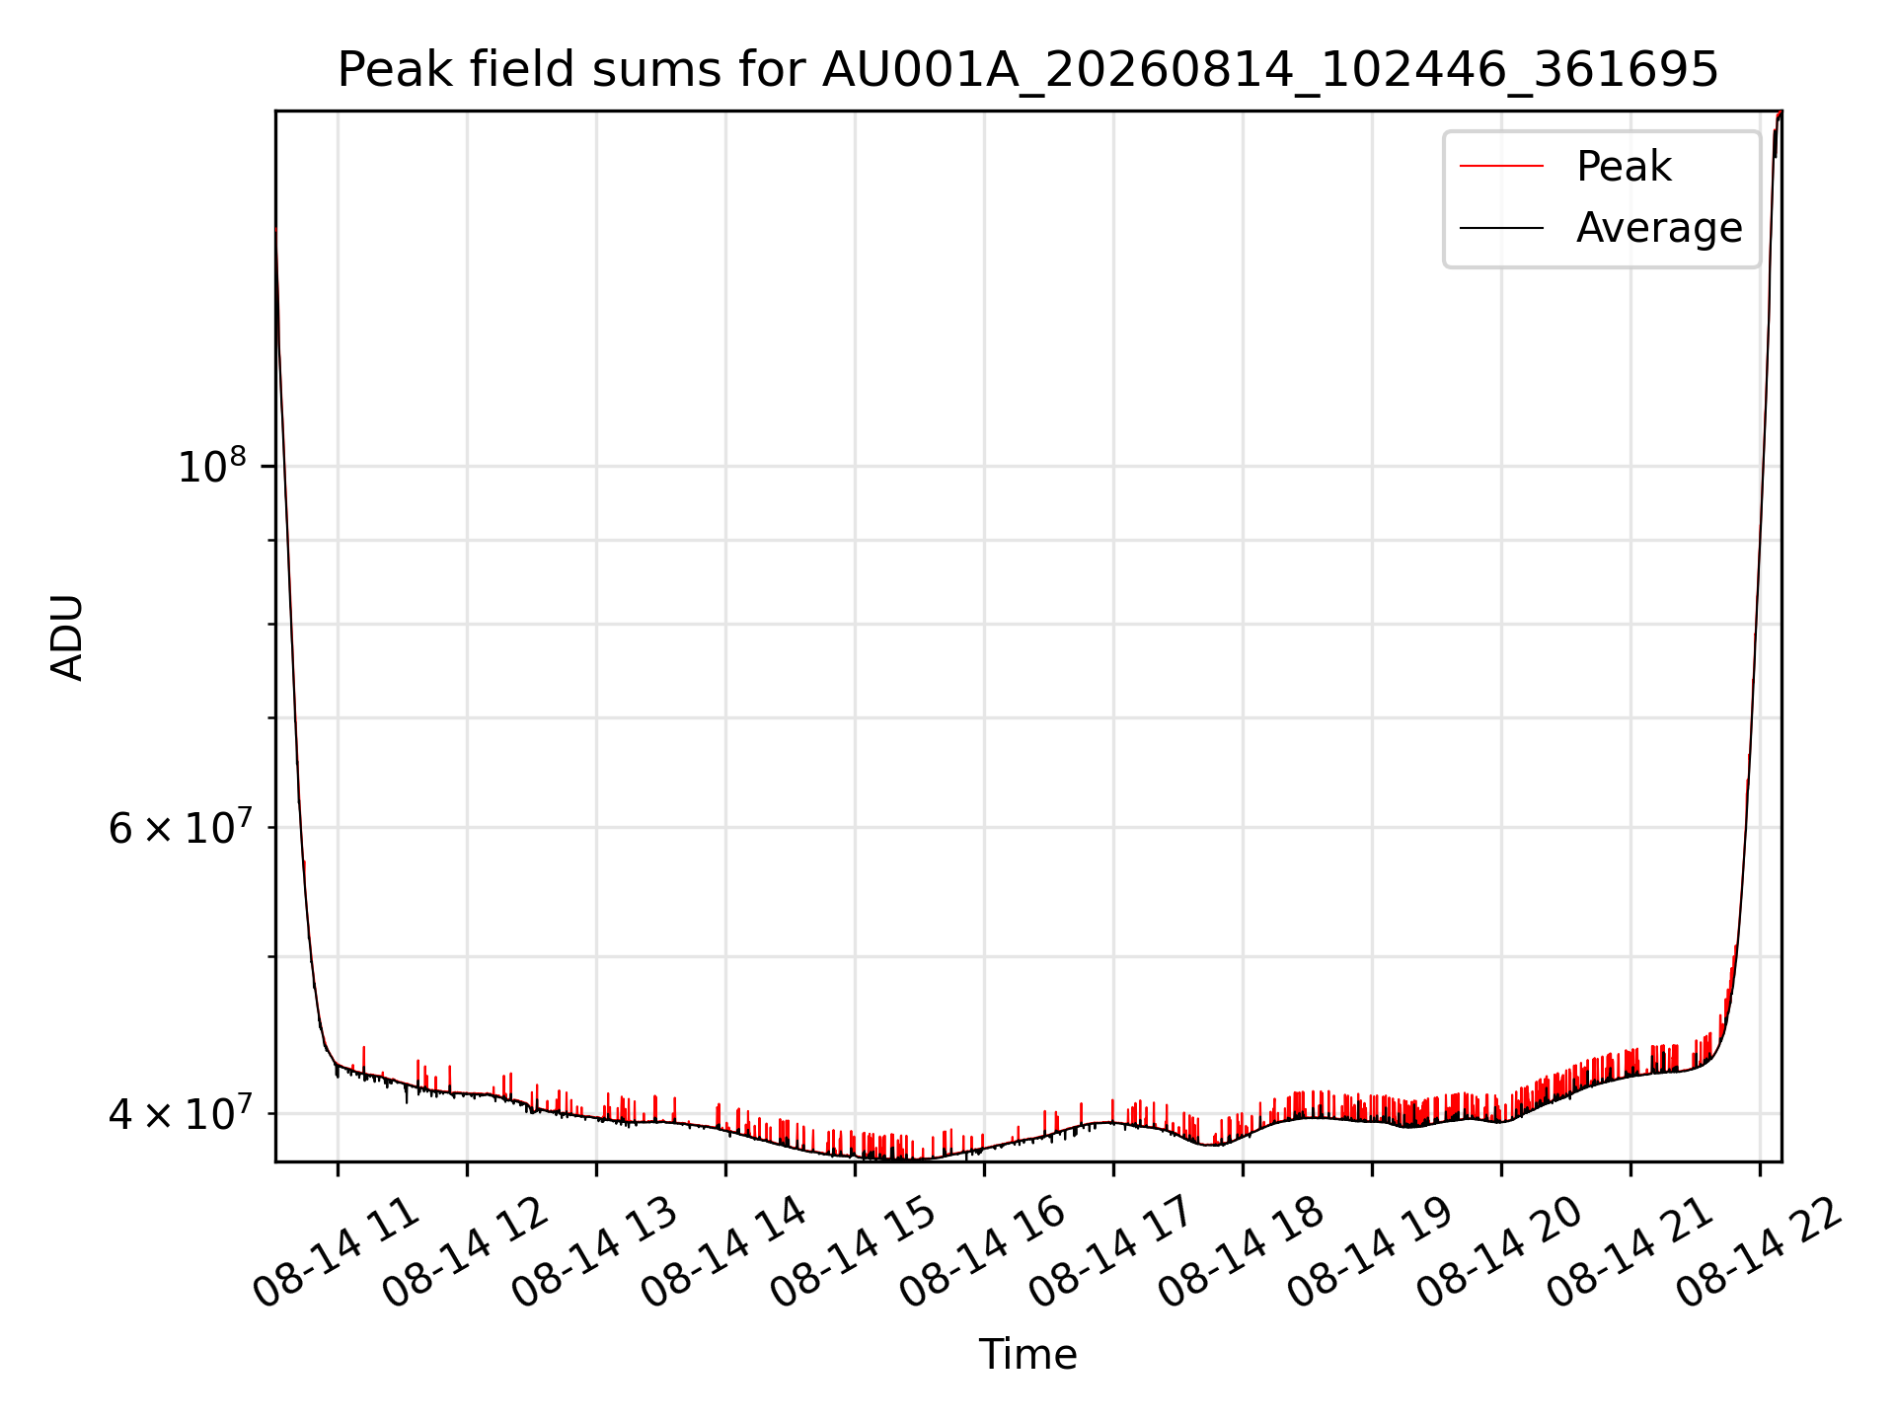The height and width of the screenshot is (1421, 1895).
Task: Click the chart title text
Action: coord(1027,70)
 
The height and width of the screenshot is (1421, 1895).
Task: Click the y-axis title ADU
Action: coord(67,636)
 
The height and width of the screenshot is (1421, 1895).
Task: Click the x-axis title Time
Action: coord(1027,1354)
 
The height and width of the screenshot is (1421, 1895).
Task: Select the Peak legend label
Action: coord(1624,166)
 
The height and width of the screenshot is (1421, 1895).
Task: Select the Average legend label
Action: coord(1659,228)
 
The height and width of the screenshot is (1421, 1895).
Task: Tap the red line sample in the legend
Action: coord(1501,166)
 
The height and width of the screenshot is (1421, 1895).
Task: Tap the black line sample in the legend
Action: coord(1501,228)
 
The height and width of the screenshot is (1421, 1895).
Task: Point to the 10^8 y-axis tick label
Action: coord(211,465)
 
